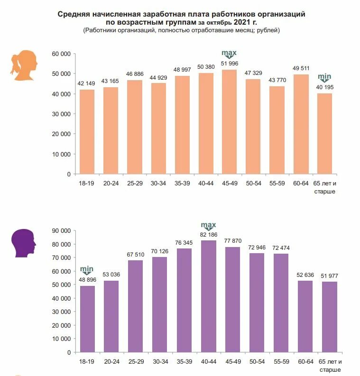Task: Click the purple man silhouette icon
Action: (x=24, y=243)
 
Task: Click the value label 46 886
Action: (x=134, y=74)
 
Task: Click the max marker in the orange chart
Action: (x=229, y=54)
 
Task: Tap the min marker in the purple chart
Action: (x=87, y=270)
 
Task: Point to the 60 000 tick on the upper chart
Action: (x=62, y=54)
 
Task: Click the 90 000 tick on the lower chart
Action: (x=62, y=231)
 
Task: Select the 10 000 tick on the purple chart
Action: (x=62, y=339)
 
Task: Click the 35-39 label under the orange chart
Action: (x=183, y=183)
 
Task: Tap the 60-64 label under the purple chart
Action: (x=305, y=362)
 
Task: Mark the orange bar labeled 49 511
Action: (x=301, y=124)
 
